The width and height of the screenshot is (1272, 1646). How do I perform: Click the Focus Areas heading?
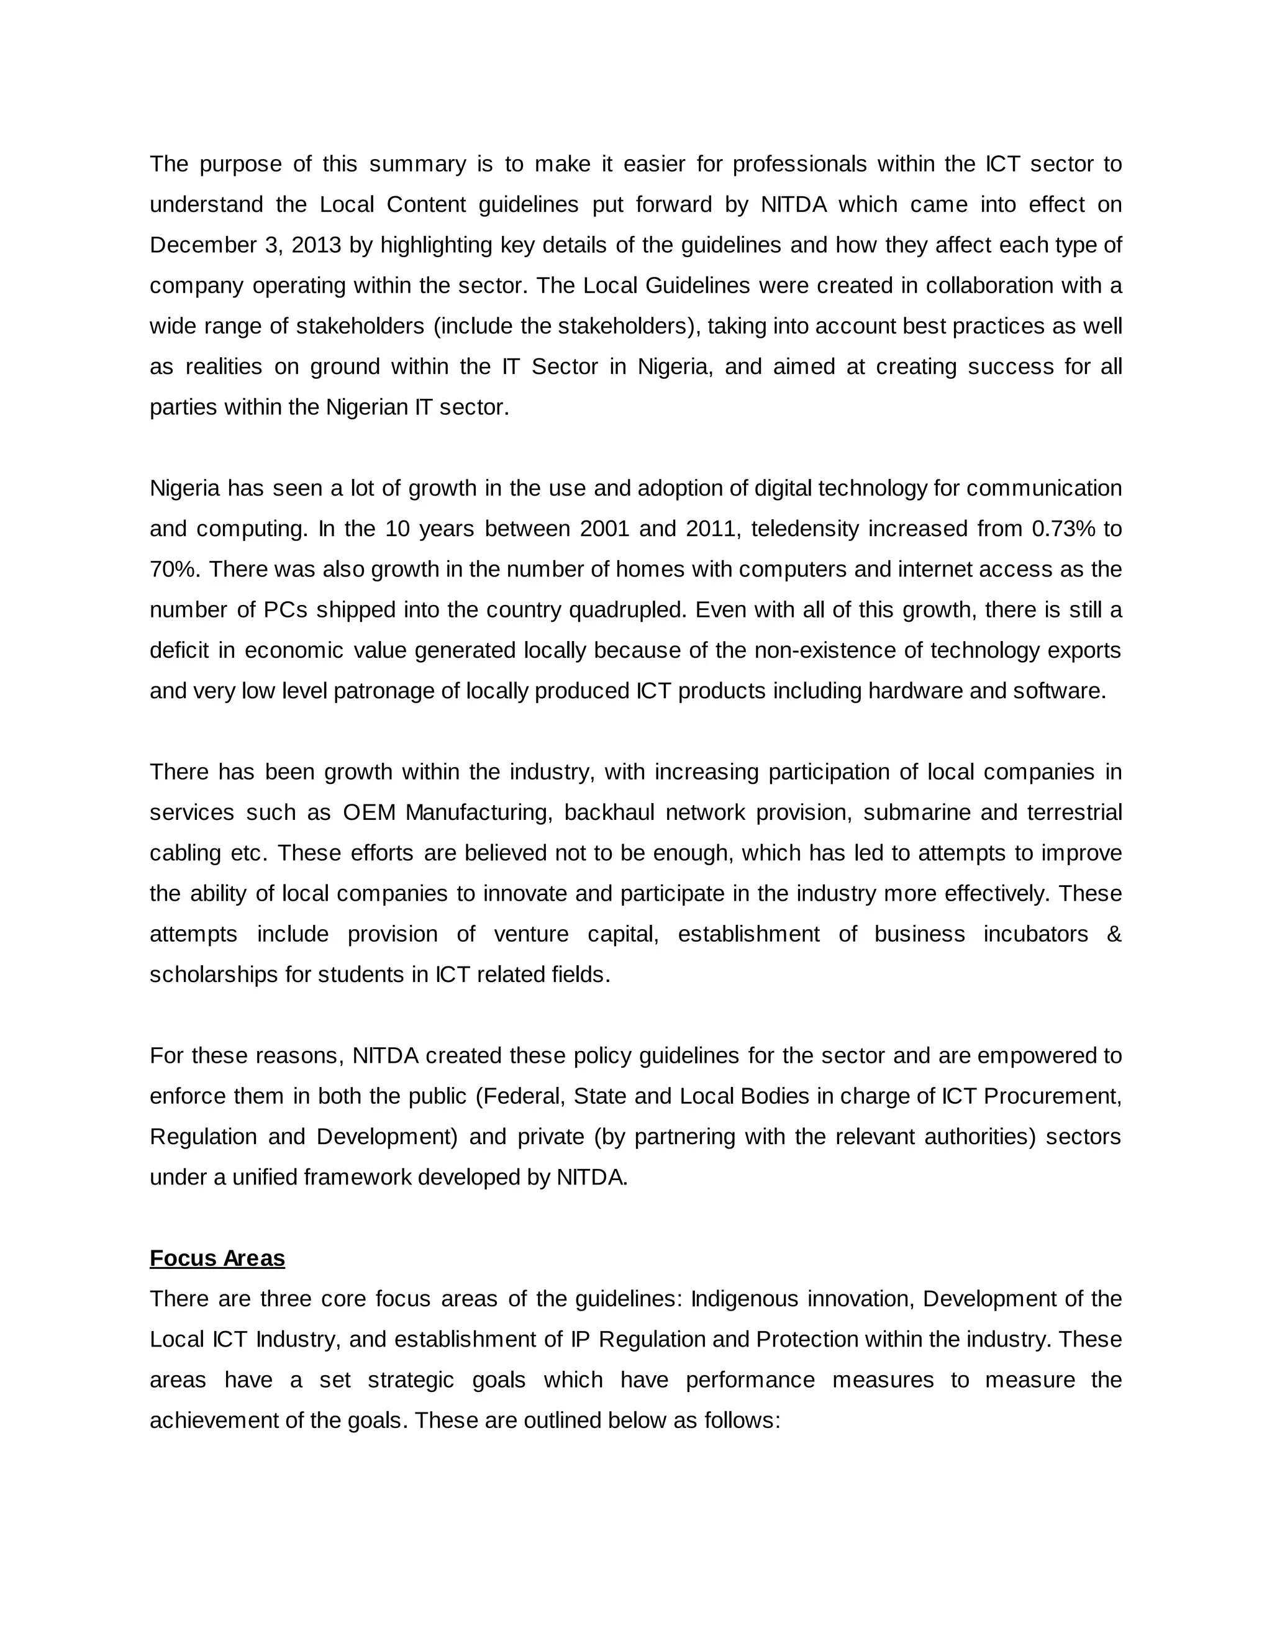(217, 1258)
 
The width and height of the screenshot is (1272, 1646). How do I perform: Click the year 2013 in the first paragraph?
(316, 245)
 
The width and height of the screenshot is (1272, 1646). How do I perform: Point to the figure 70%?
(174, 569)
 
